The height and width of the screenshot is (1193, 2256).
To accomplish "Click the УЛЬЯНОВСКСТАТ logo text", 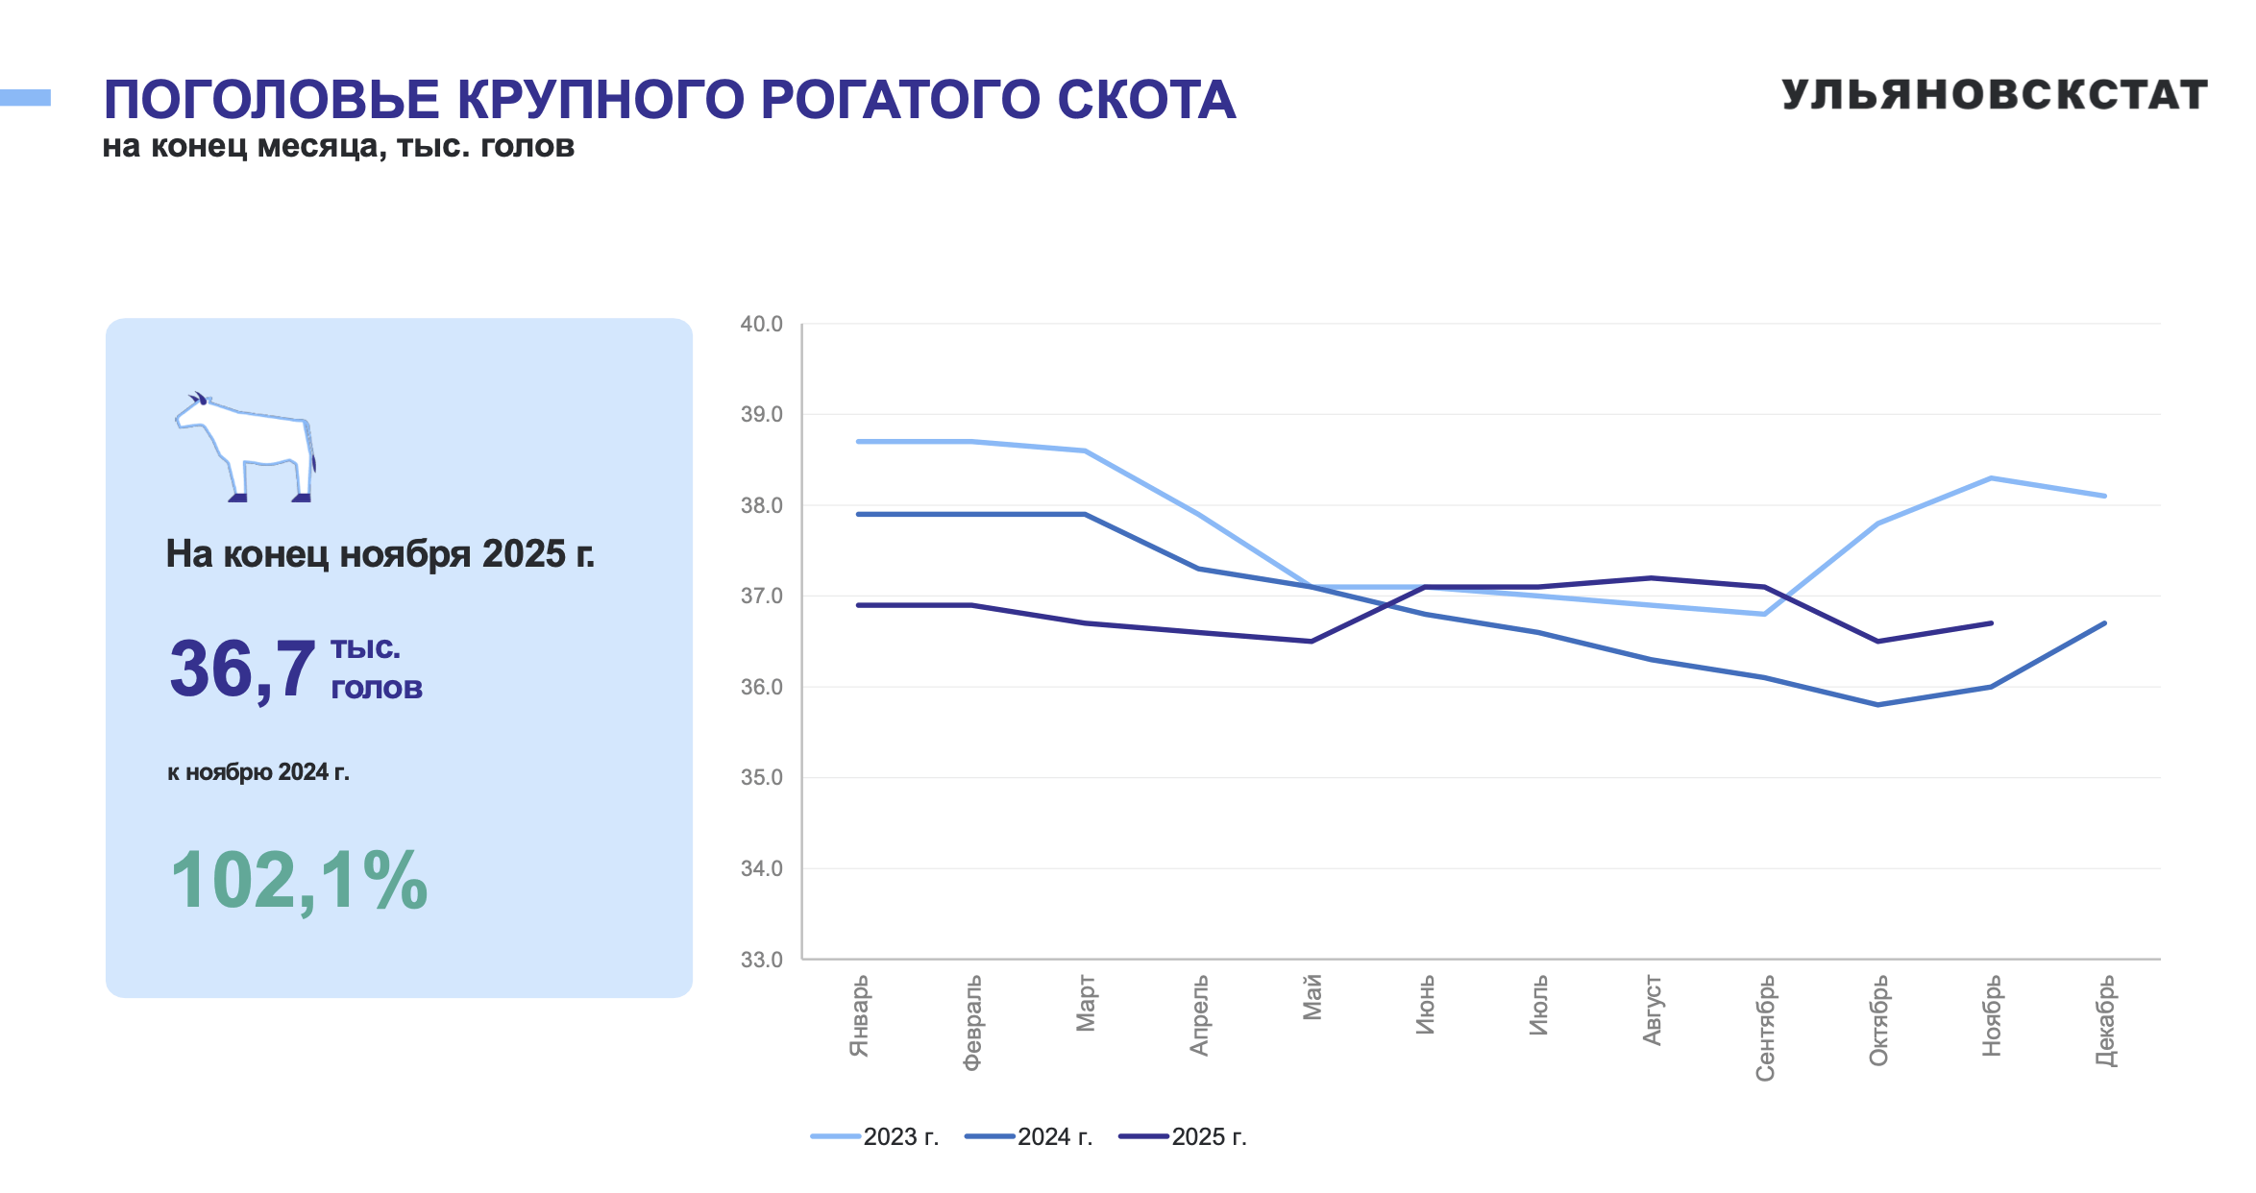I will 1994,95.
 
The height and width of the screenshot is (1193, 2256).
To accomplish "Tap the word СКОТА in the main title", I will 1146,100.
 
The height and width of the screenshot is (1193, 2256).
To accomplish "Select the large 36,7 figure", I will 242,669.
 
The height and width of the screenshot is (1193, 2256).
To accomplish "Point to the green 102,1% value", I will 299,880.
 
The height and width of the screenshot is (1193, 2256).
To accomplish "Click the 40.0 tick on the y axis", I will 761,325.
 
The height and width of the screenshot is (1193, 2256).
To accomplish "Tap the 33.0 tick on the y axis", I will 761,960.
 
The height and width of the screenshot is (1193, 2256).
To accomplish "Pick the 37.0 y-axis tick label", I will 761,596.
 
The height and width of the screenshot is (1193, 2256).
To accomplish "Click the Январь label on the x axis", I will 859,1016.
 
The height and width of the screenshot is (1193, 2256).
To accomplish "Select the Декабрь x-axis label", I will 2104,1021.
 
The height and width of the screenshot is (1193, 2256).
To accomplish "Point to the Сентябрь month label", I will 1765,1028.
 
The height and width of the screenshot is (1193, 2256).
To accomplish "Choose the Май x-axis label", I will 1312,997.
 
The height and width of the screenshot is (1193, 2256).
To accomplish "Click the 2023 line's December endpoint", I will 2104,496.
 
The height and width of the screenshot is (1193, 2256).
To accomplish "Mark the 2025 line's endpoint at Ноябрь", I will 1991,623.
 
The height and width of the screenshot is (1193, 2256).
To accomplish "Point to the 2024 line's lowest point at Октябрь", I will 1877,705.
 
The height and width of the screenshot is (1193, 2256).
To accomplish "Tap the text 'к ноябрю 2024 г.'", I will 258,772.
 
